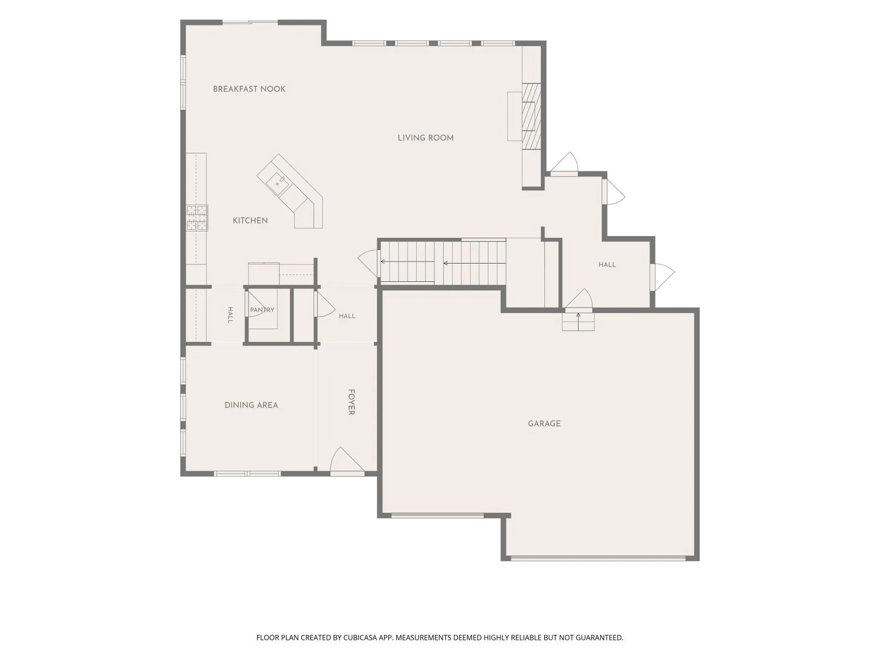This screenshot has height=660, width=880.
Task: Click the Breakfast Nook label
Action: (249, 89)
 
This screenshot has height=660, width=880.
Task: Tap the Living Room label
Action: (426, 138)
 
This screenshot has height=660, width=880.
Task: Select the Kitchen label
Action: (250, 220)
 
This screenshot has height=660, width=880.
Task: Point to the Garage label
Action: (544, 423)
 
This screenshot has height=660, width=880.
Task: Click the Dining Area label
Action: (251, 405)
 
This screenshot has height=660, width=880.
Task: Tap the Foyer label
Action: (351, 402)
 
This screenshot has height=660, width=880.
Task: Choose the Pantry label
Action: (262, 310)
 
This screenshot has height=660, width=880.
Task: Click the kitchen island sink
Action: (278, 183)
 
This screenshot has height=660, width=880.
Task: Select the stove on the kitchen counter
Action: (197, 217)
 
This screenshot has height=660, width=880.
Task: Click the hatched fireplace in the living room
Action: (531, 116)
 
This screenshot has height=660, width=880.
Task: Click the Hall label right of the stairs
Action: (607, 265)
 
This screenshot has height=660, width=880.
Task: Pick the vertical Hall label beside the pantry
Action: (230, 315)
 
